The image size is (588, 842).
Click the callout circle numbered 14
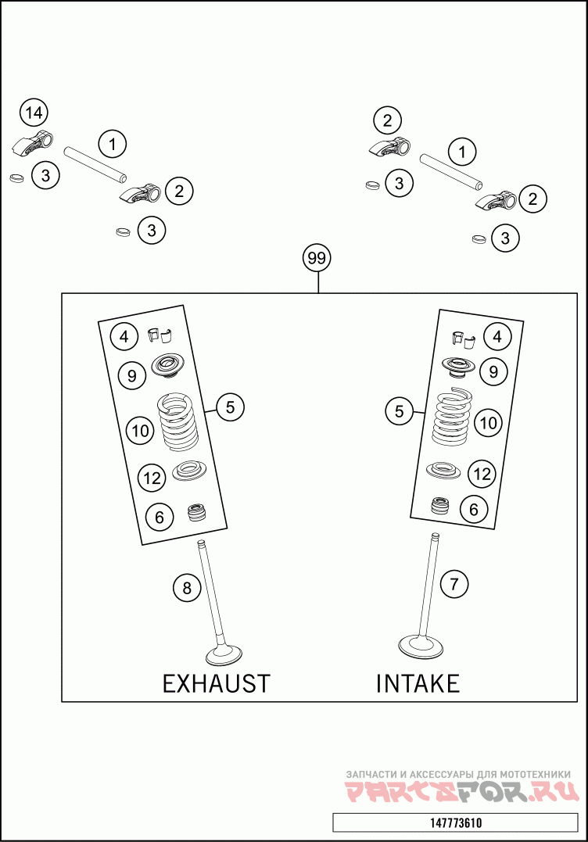pyautogui.click(x=33, y=113)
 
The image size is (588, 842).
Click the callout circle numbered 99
pyautogui.click(x=317, y=257)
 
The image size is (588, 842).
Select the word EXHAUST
pyautogui.click(x=216, y=683)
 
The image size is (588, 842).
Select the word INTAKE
pyautogui.click(x=418, y=683)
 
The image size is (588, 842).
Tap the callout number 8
pyautogui.click(x=186, y=587)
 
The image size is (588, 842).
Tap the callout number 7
pyautogui.click(x=454, y=582)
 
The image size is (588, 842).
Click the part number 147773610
pyautogui.click(x=456, y=823)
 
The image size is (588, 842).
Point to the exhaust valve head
pyautogui.click(x=225, y=653)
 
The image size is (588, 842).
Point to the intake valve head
pyautogui.click(x=421, y=646)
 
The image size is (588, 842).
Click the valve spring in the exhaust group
pyautogui.click(x=178, y=422)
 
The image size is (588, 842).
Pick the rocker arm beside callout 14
pyautogui.click(x=34, y=142)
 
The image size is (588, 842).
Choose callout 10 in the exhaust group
pyautogui.click(x=140, y=430)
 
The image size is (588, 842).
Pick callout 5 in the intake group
pyautogui.click(x=400, y=411)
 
